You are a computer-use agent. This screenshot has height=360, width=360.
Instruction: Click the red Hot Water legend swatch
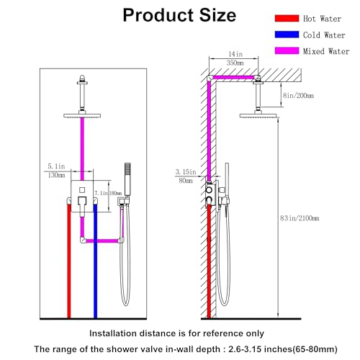(x=287, y=19)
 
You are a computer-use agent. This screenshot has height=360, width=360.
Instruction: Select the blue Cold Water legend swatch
(x=287, y=35)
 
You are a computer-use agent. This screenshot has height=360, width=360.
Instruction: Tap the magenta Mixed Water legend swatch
(x=287, y=50)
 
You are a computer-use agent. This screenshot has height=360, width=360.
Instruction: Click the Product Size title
(x=179, y=15)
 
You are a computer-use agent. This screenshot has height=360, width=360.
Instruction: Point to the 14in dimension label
(x=235, y=54)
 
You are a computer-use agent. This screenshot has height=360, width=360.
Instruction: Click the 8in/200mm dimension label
(x=298, y=96)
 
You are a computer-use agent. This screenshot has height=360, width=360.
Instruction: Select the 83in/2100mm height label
(x=300, y=218)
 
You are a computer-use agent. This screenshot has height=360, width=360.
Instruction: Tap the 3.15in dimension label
(x=186, y=172)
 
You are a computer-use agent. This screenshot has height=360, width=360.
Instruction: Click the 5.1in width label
(x=56, y=166)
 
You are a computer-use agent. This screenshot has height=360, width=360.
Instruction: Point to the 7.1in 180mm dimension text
(x=108, y=193)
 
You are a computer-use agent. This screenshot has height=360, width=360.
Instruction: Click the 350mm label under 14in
(x=235, y=63)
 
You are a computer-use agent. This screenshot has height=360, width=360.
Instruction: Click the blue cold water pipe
(x=95, y=261)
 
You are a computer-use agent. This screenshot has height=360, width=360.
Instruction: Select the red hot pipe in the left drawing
(x=69, y=261)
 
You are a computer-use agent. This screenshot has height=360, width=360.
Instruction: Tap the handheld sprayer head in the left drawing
(x=127, y=179)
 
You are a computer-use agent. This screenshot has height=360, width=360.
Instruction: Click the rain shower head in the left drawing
(x=82, y=116)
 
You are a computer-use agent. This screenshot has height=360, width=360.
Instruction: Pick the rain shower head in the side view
(x=258, y=116)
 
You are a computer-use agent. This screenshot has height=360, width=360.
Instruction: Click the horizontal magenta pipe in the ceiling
(x=233, y=77)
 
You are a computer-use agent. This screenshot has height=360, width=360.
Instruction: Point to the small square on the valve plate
(x=82, y=190)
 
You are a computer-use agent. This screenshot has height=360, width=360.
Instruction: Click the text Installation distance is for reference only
(x=176, y=333)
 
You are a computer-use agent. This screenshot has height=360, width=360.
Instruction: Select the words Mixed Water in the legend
(x=326, y=51)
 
